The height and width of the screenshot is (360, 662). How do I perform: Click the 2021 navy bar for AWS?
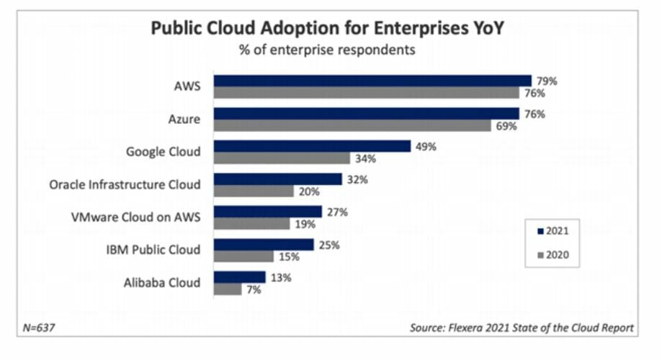pyautogui.click(x=372, y=81)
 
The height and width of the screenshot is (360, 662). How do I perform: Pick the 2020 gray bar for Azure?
pyautogui.click(x=348, y=125)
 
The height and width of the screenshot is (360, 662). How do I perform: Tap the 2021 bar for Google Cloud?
pyautogui.click(x=313, y=146)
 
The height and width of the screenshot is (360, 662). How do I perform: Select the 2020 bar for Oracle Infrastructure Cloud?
pyautogui.click(x=254, y=191)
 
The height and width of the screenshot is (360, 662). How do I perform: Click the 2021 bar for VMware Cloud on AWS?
pyautogui.click(x=268, y=212)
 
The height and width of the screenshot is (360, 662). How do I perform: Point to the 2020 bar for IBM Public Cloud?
pyautogui.click(x=244, y=256)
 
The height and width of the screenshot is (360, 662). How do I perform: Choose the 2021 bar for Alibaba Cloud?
pyautogui.click(x=240, y=277)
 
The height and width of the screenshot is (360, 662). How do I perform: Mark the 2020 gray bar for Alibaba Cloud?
pyautogui.click(x=228, y=289)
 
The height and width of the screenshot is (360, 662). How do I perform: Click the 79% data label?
pyautogui.click(x=546, y=81)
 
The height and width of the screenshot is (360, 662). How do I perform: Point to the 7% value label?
pyautogui.click(x=253, y=289)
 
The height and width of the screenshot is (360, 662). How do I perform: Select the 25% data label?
pyautogui.click(x=328, y=245)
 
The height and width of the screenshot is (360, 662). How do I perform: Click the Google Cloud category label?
pyautogui.click(x=163, y=151)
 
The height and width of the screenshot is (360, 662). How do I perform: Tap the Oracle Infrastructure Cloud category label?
pyautogui.click(x=125, y=184)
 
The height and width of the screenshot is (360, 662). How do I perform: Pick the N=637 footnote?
pyautogui.click(x=40, y=328)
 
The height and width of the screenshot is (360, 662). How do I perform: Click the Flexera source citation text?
pyautogui.click(x=522, y=328)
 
